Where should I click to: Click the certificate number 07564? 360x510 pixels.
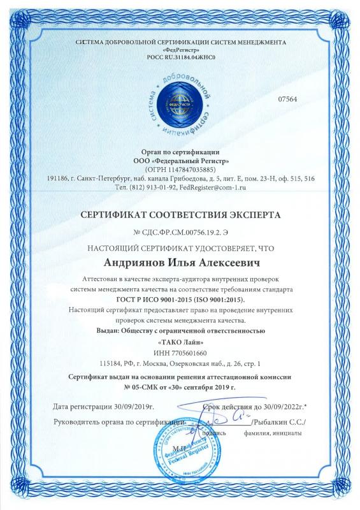[x=289, y=98]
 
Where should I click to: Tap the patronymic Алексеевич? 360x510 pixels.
[x=223, y=263]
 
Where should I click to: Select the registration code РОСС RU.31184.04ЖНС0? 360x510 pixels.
[x=180, y=57]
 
